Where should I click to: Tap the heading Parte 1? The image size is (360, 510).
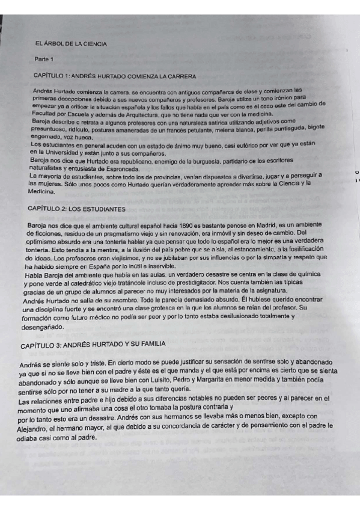click(x=44, y=60)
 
